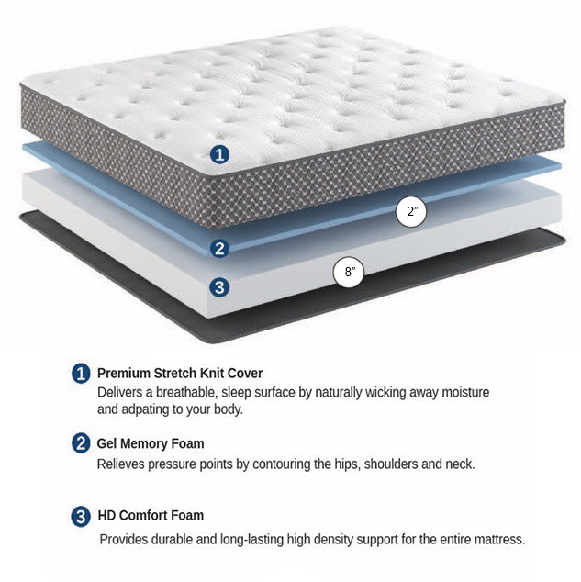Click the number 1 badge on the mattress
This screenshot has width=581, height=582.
coord(219,154)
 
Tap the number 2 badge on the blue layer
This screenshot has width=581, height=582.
coord(219,249)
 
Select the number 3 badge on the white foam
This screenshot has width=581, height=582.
coord(219,287)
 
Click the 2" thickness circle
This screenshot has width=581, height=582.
coord(411,211)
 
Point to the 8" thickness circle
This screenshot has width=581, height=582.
coord(349,272)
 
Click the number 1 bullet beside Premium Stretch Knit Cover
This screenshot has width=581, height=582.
coord(81,373)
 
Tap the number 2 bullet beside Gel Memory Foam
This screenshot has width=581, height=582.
coord(81,443)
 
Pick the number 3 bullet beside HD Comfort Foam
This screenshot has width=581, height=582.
coord(81,516)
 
